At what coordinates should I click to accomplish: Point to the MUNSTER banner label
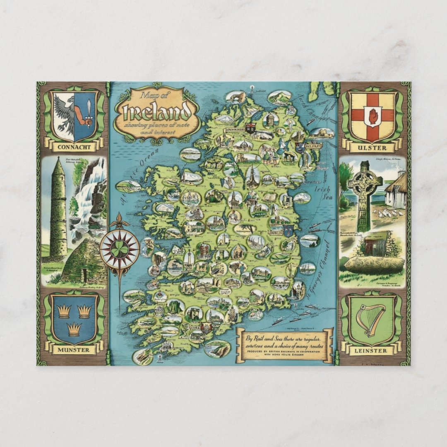click(x=74, y=350)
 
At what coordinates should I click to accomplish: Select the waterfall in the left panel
click(x=88, y=199)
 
